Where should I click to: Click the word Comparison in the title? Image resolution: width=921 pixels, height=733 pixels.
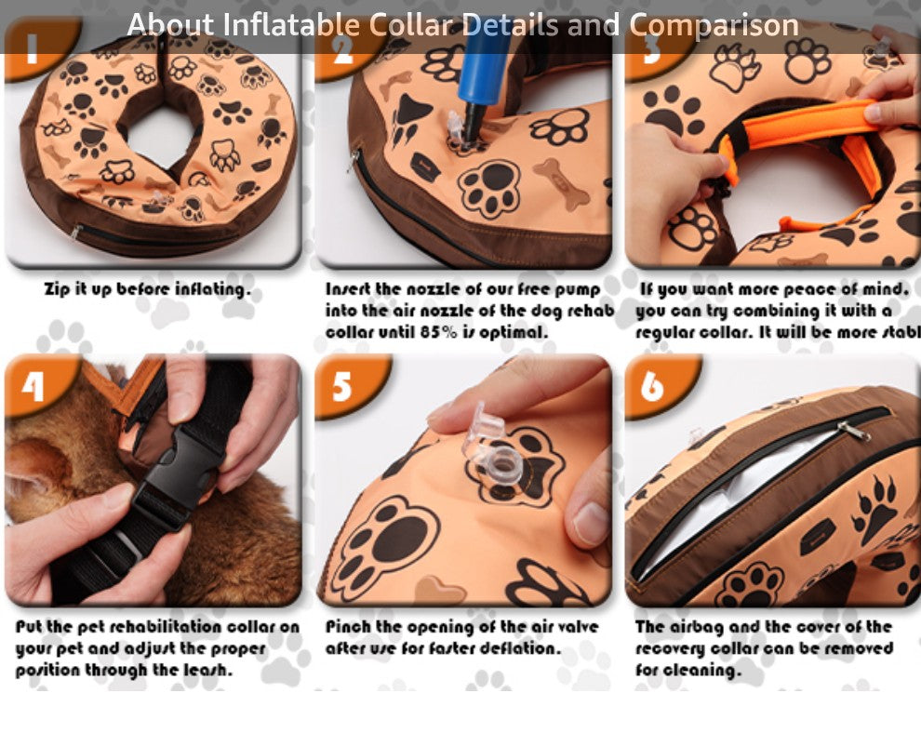click(x=714, y=25)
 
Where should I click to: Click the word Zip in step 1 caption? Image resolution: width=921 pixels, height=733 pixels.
click(x=59, y=289)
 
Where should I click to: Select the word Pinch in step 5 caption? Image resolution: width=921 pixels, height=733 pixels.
click(x=349, y=627)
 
